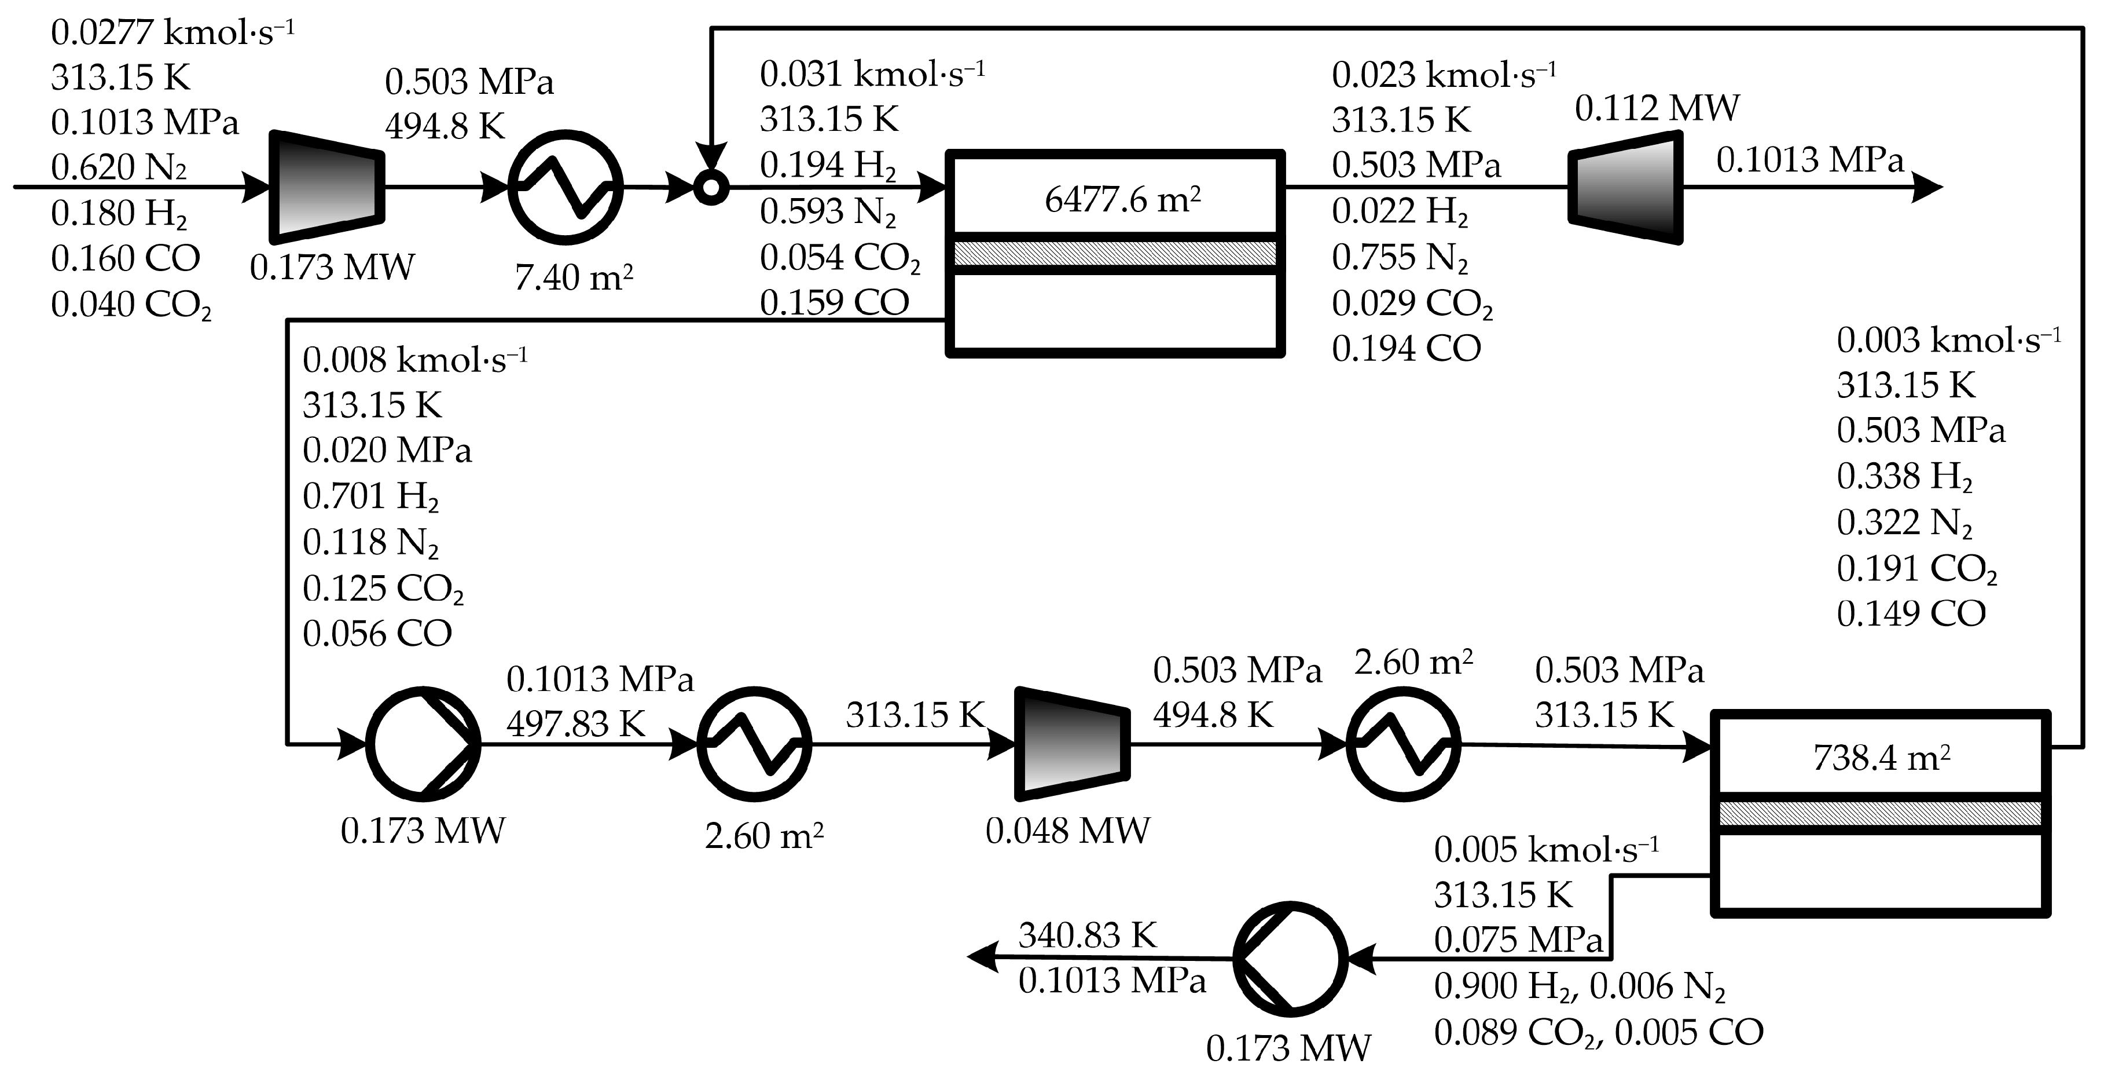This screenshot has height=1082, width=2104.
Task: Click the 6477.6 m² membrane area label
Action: [1122, 199]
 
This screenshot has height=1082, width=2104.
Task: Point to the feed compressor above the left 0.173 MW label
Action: [326, 187]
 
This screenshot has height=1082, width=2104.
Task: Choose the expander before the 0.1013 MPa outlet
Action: [1625, 187]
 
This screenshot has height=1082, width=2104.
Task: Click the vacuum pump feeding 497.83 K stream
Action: [423, 744]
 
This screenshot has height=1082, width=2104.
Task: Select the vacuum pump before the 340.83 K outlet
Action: [1291, 959]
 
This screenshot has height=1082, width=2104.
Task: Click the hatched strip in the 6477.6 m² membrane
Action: [1115, 253]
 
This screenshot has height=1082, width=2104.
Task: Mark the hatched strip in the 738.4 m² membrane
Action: [1881, 813]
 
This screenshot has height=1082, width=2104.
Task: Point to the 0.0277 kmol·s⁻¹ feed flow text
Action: [171, 32]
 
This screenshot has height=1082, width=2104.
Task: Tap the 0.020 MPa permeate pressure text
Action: [387, 450]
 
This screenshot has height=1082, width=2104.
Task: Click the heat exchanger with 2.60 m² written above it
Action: [1403, 744]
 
